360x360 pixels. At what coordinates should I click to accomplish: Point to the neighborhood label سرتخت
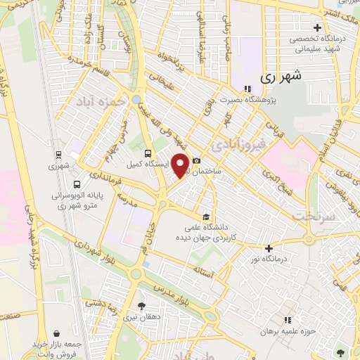[312, 217]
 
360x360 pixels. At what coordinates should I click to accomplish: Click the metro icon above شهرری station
[58, 155]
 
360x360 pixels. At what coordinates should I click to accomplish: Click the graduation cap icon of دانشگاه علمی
[206, 216]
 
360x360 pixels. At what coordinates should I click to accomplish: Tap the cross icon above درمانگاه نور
[269, 247]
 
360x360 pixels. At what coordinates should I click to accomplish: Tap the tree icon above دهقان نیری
[143, 306]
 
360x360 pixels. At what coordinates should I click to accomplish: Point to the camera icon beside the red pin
[196, 161]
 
